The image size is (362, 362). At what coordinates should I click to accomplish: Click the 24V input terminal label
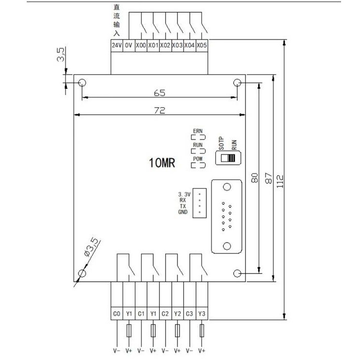116,45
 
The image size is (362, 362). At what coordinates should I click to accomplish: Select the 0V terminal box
128,45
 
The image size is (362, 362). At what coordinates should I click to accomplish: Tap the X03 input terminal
177,45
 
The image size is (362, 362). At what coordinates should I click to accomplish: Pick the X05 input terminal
201,45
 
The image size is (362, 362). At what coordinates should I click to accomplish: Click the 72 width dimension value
160,110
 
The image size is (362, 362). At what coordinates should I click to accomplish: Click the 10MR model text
162,162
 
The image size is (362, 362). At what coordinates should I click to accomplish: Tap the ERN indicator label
198,131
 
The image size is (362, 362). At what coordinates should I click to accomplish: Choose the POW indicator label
198,159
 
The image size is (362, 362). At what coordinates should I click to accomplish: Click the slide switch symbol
228,158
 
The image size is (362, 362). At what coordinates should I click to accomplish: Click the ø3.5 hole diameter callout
91,247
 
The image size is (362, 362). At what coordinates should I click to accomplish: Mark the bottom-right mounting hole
238,273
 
